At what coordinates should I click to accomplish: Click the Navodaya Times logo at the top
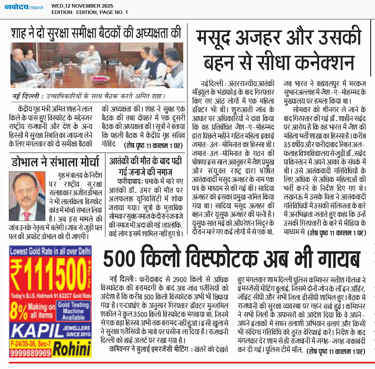point(24,7)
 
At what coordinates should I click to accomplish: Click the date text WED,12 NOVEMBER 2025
point(82,6)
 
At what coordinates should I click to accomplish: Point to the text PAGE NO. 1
point(114,12)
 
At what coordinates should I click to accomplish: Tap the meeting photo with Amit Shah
point(97,65)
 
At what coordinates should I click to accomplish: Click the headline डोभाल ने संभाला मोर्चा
point(55,162)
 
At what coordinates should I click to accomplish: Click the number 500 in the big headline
point(119,259)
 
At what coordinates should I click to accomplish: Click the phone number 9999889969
point(30,353)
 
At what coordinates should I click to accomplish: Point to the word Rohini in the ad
point(72,349)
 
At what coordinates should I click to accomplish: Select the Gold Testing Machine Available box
point(73,311)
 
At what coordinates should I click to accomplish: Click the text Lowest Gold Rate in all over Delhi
point(50,251)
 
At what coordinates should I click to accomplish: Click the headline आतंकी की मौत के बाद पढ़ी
point(145,161)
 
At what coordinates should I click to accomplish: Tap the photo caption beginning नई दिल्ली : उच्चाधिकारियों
point(89,96)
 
